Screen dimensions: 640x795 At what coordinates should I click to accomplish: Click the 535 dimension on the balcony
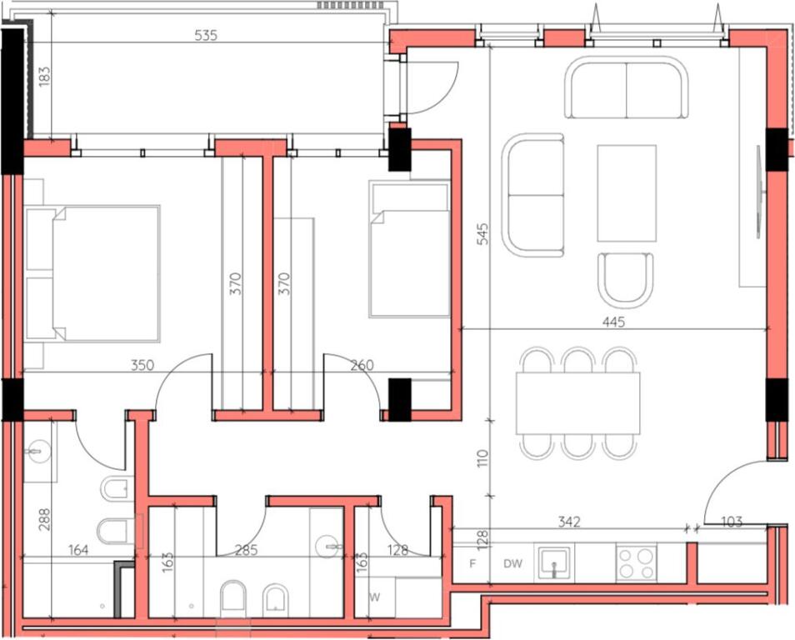[x=206, y=36]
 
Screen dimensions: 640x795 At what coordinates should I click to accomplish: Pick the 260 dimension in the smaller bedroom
[x=361, y=364]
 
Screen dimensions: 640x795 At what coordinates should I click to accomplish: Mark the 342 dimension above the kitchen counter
[x=569, y=522]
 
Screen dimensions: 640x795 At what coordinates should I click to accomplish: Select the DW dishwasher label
[x=512, y=564]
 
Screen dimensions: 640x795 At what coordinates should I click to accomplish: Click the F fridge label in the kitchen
[x=472, y=564]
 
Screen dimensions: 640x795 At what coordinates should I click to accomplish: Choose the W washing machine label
[x=374, y=597]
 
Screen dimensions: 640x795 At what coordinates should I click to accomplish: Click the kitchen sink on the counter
[x=553, y=562]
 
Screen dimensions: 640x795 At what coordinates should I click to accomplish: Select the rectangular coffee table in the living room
[x=627, y=192]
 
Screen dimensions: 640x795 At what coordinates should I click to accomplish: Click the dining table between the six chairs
[x=578, y=402]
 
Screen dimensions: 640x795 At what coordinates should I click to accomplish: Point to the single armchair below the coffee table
[x=626, y=280]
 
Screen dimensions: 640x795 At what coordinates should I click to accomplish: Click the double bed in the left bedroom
[x=104, y=274]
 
